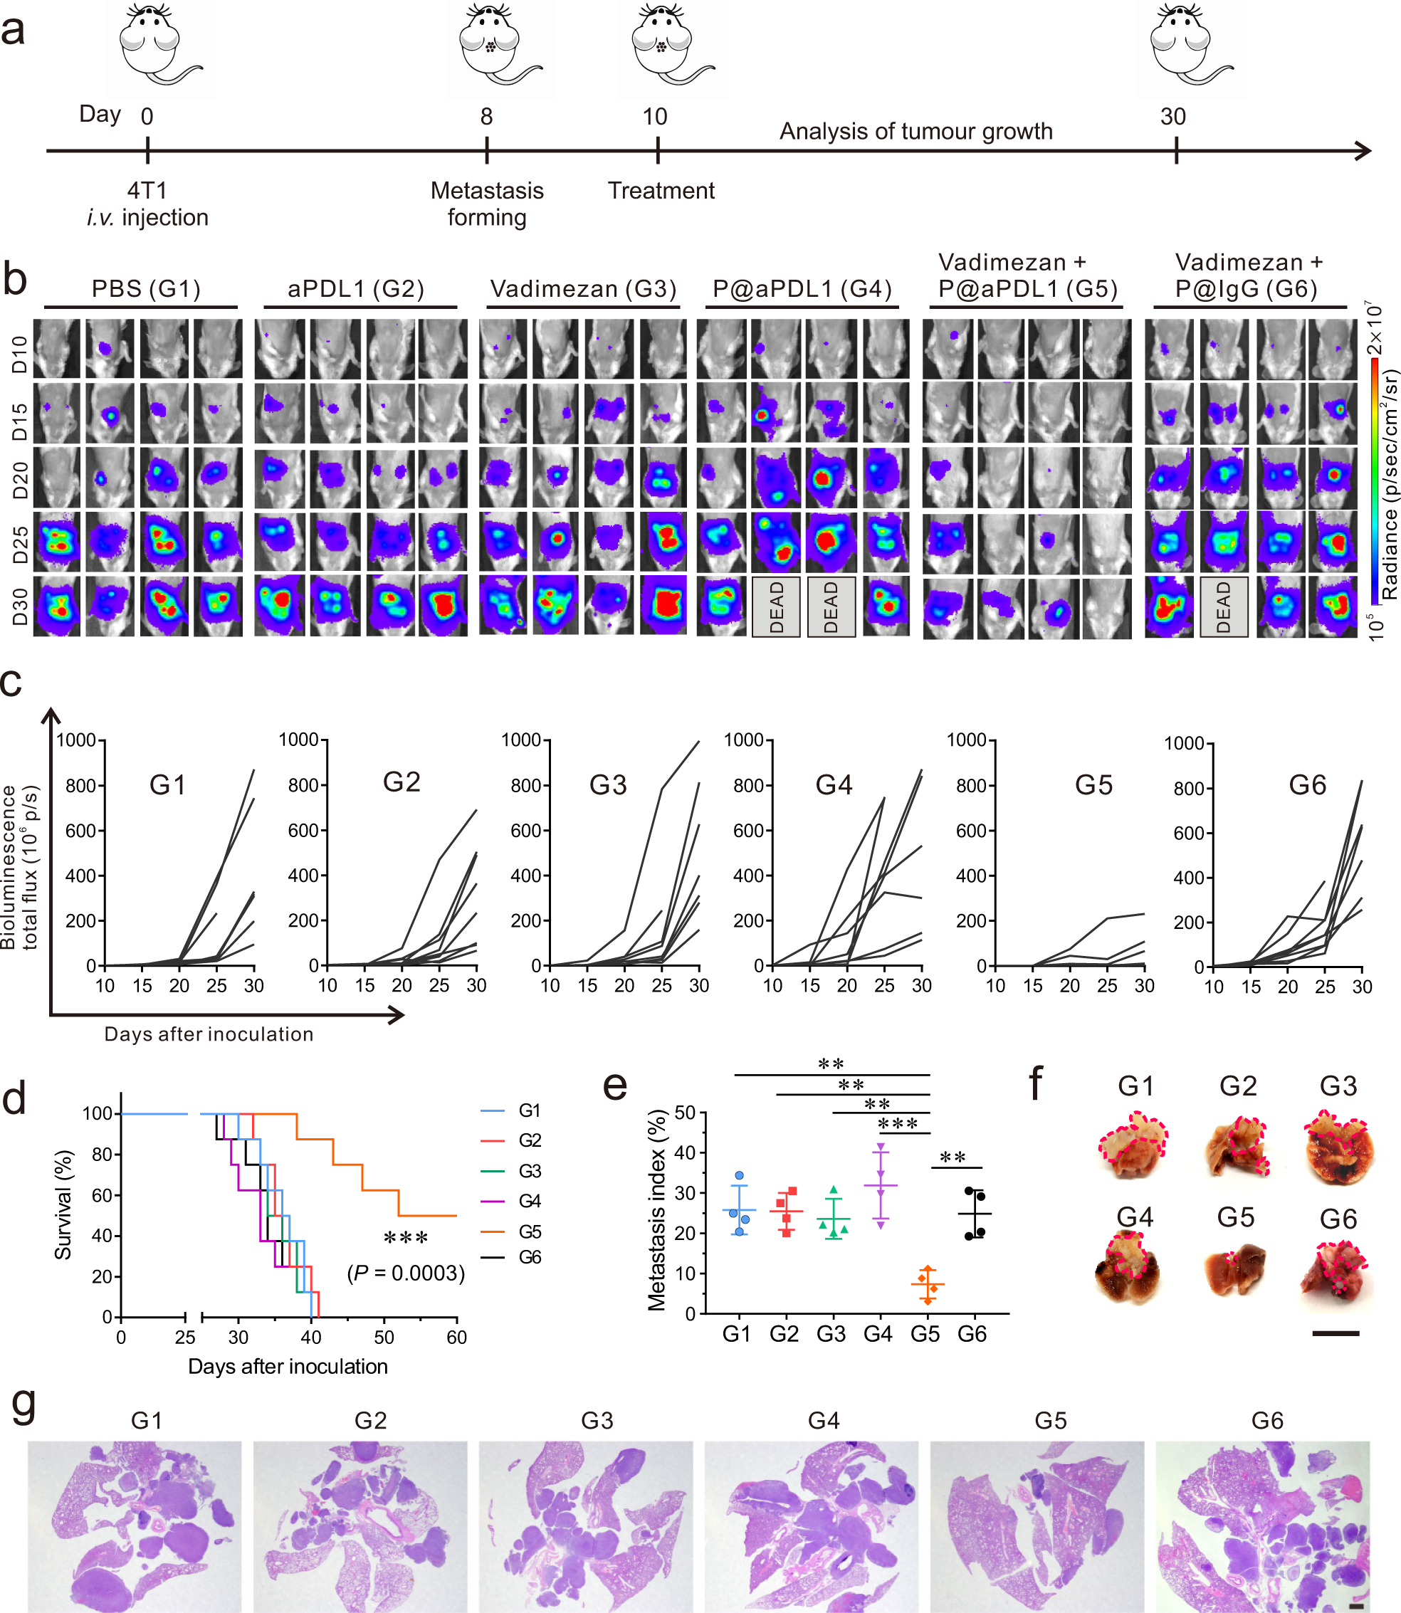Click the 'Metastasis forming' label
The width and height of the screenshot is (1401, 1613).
[486, 204]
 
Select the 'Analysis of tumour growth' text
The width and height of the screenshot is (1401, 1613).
[915, 132]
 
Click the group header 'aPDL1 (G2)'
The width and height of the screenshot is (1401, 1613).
[356, 289]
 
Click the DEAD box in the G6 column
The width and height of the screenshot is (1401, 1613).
[1224, 607]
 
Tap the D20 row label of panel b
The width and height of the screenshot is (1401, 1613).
[19, 479]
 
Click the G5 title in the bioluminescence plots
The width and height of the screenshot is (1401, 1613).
[1093, 785]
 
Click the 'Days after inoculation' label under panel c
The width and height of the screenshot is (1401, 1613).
[209, 1034]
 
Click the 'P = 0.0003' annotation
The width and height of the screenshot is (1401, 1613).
[406, 1273]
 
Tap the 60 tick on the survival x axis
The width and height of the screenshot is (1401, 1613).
[456, 1338]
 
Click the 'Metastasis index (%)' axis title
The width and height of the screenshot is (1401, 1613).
[656, 1209]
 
